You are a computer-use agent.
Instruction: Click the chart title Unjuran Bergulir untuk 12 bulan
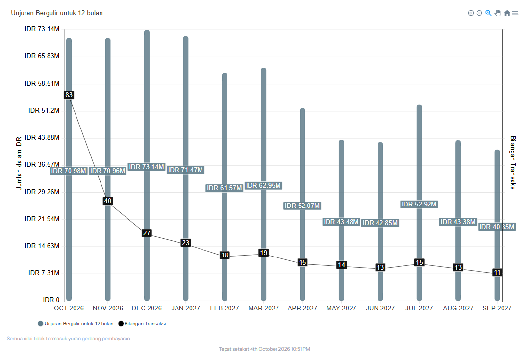[x=57, y=13]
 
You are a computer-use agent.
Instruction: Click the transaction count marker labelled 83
[x=69, y=95]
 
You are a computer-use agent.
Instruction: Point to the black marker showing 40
[x=108, y=201]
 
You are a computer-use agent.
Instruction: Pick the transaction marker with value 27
[x=147, y=233]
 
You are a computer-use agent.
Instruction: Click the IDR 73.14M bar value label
[x=147, y=167]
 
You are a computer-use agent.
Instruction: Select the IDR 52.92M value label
[x=419, y=204]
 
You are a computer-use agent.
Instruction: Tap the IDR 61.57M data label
[x=225, y=188]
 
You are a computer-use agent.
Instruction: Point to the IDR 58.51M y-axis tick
[x=42, y=83]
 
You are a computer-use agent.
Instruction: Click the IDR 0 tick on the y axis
[x=51, y=300]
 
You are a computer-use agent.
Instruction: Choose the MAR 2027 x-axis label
[x=263, y=308]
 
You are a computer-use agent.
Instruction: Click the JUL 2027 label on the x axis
[x=419, y=308]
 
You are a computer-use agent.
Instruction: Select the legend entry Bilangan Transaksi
[x=142, y=324]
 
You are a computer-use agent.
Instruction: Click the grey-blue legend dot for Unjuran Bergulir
[x=41, y=324]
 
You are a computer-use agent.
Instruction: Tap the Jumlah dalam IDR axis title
[x=19, y=163]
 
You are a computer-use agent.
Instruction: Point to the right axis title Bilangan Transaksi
[x=513, y=163]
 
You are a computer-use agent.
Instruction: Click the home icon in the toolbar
[x=507, y=13]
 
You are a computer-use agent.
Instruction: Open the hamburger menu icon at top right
[x=515, y=13]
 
